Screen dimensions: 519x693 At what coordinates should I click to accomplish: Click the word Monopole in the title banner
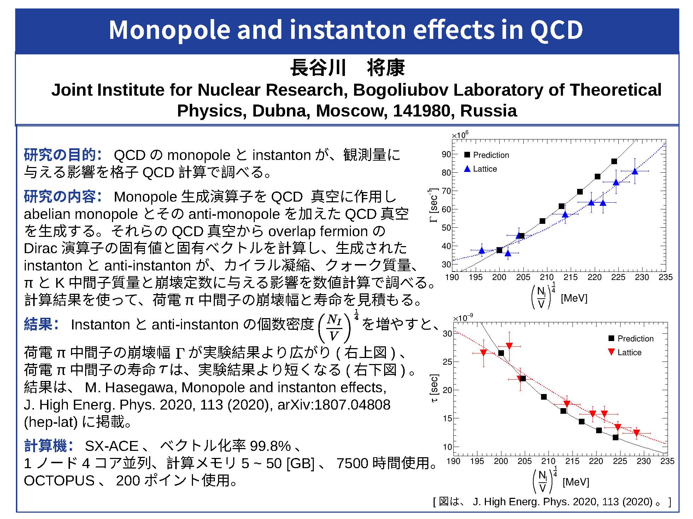[x=170, y=30]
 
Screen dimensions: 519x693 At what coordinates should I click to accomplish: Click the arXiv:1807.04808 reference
[x=334, y=405]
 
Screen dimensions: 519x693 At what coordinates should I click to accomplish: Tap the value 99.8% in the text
[x=270, y=446]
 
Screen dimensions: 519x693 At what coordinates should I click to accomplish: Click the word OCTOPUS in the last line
[x=59, y=481]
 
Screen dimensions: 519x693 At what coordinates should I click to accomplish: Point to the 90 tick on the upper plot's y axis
[x=446, y=154]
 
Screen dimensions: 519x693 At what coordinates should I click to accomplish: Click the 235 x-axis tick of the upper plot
[x=665, y=277]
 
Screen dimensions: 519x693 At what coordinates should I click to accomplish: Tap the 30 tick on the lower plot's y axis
[x=447, y=334]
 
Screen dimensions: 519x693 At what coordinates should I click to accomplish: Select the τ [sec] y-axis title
[x=434, y=388]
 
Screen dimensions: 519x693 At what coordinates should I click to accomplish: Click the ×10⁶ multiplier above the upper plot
[x=460, y=135]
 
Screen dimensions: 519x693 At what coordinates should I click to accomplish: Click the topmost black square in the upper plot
[x=614, y=161]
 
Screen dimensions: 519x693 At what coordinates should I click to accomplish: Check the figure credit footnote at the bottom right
[x=552, y=502]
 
